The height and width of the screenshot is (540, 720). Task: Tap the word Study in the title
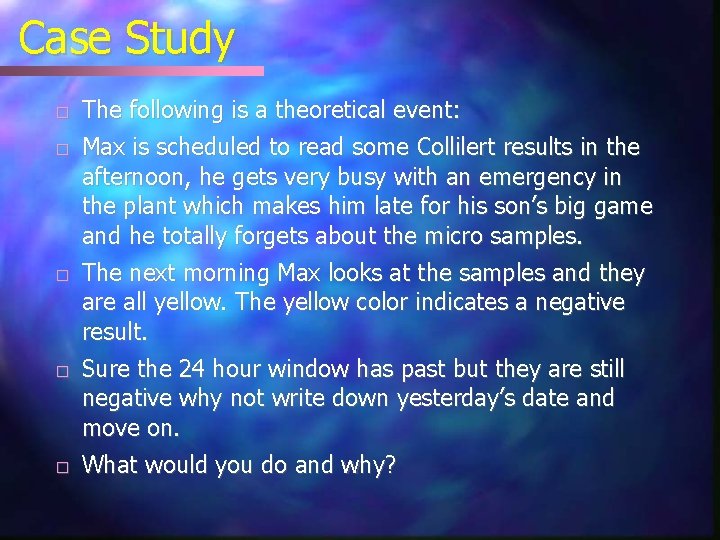click(x=180, y=41)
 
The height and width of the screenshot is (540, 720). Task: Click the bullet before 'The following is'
click(x=62, y=110)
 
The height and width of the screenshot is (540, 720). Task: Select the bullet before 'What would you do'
click(x=62, y=467)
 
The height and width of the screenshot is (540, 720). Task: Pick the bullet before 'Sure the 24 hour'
click(x=62, y=371)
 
